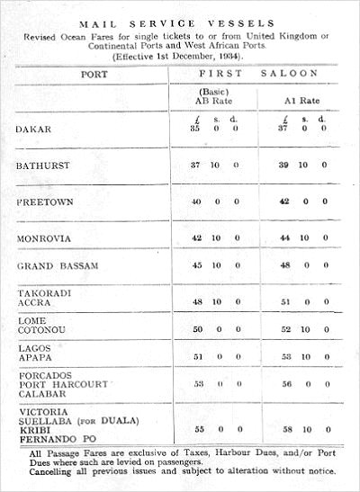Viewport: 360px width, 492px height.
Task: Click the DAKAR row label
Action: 33,129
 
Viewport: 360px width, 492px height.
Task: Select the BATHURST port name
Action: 43,165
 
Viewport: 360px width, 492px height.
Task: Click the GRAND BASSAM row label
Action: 57,266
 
